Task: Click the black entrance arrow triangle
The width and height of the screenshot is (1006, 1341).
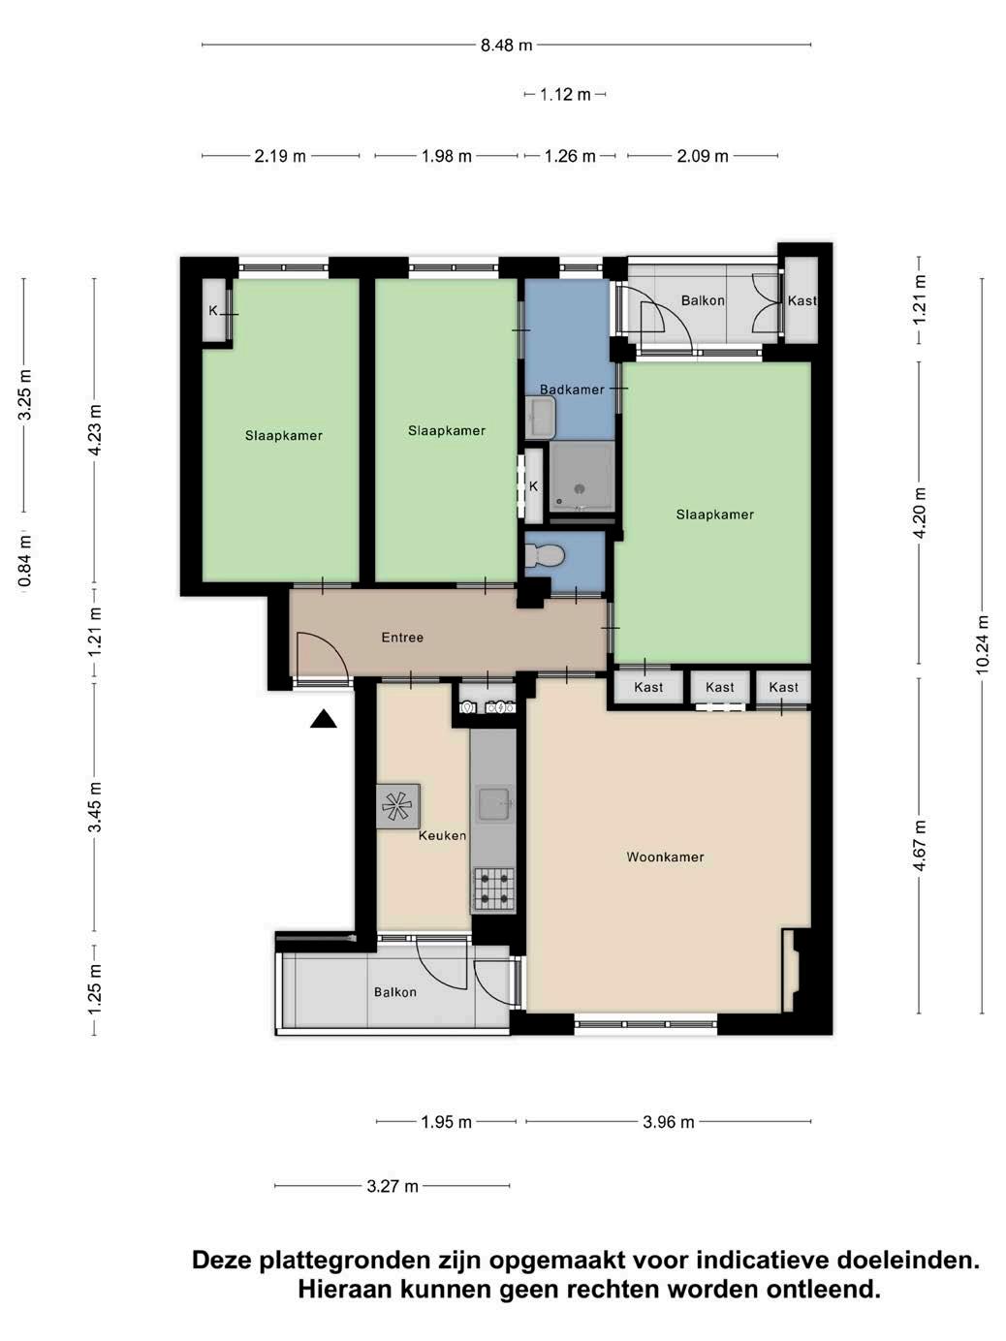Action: point(323,720)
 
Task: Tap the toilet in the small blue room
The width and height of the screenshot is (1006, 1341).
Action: point(544,555)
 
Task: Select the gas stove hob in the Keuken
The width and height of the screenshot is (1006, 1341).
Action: point(494,889)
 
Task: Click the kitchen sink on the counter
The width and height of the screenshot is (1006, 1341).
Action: point(494,804)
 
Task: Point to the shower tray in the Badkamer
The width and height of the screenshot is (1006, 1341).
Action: point(581,477)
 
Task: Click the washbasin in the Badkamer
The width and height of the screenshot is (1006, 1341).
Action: point(540,417)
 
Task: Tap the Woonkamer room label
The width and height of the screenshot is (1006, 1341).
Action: point(665,858)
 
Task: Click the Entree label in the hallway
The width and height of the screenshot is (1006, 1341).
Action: point(402,638)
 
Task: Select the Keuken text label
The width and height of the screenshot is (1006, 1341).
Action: point(442,835)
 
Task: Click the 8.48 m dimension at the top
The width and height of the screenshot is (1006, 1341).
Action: point(506,46)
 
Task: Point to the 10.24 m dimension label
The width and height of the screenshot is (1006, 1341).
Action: point(982,644)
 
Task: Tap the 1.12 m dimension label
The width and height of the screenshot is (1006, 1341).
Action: point(565,95)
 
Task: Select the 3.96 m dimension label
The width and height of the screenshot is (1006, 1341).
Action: point(668,1122)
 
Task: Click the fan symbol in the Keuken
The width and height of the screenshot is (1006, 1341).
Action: point(397,806)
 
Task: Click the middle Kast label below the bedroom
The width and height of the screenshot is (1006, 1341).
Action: point(719,687)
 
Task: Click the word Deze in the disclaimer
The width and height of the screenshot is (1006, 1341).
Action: point(222,1261)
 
